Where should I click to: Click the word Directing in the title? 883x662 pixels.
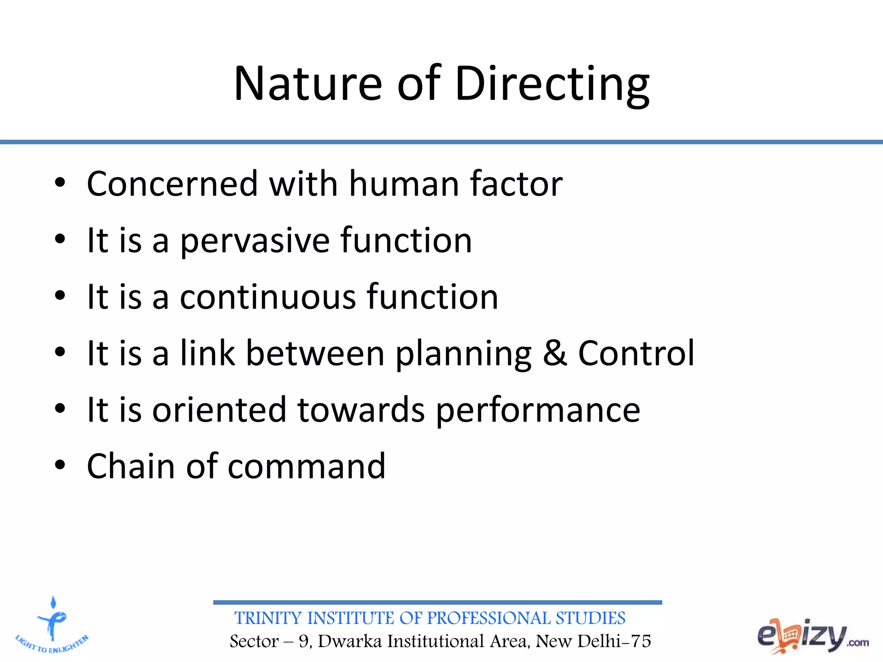click(x=552, y=84)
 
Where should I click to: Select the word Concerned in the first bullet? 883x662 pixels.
click(x=172, y=184)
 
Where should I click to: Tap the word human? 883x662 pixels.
click(x=404, y=184)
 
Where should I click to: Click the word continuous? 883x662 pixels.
click(x=268, y=297)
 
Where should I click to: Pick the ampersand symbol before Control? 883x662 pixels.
click(x=554, y=353)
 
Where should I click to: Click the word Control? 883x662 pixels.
click(x=636, y=353)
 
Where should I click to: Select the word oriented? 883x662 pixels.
click(x=219, y=410)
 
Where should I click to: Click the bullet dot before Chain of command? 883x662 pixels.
click(x=60, y=465)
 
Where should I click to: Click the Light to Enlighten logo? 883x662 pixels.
click(x=52, y=625)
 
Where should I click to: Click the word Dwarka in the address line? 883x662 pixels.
click(x=350, y=641)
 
